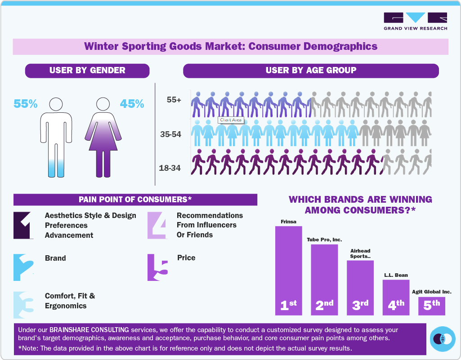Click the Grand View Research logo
pos(415,21)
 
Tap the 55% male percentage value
pos(25,104)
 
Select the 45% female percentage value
pos(132,104)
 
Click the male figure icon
pos(56,137)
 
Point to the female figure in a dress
pos(103,137)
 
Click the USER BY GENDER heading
pos(87,71)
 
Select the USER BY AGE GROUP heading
pos(311,71)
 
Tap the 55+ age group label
pos(174,100)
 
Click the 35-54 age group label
pos(170,134)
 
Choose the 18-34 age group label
pos(170,168)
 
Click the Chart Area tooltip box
pos(231,120)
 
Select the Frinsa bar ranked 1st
pos(288,270)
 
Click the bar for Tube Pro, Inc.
pos(324,279)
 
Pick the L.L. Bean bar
pos(396,297)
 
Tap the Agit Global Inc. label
pos(431,292)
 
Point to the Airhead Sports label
pos(360,253)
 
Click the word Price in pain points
pos(186,258)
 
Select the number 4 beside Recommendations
pos(158,225)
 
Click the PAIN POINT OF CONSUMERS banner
pos(135,200)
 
